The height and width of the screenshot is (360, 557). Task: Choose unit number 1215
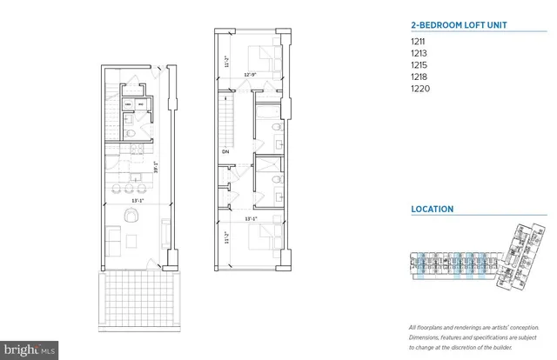click(x=418, y=65)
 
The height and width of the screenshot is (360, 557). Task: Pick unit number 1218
click(x=418, y=77)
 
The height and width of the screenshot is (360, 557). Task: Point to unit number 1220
click(x=419, y=88)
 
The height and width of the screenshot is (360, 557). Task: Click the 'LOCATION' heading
click(x=432, y=210)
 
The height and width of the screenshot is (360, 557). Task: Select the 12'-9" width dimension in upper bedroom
click(x=250, y=74)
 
